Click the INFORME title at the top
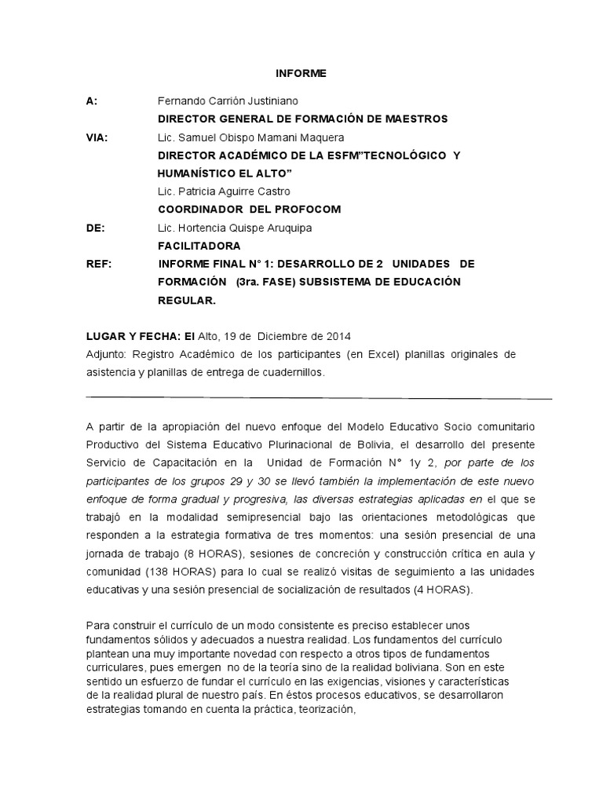point(301,74)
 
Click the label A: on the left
point(91,101)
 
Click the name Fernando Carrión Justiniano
point(228,101)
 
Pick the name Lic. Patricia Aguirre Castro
point(224,192)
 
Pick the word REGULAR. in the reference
point(186,300)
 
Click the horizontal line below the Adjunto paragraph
point(318,397)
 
